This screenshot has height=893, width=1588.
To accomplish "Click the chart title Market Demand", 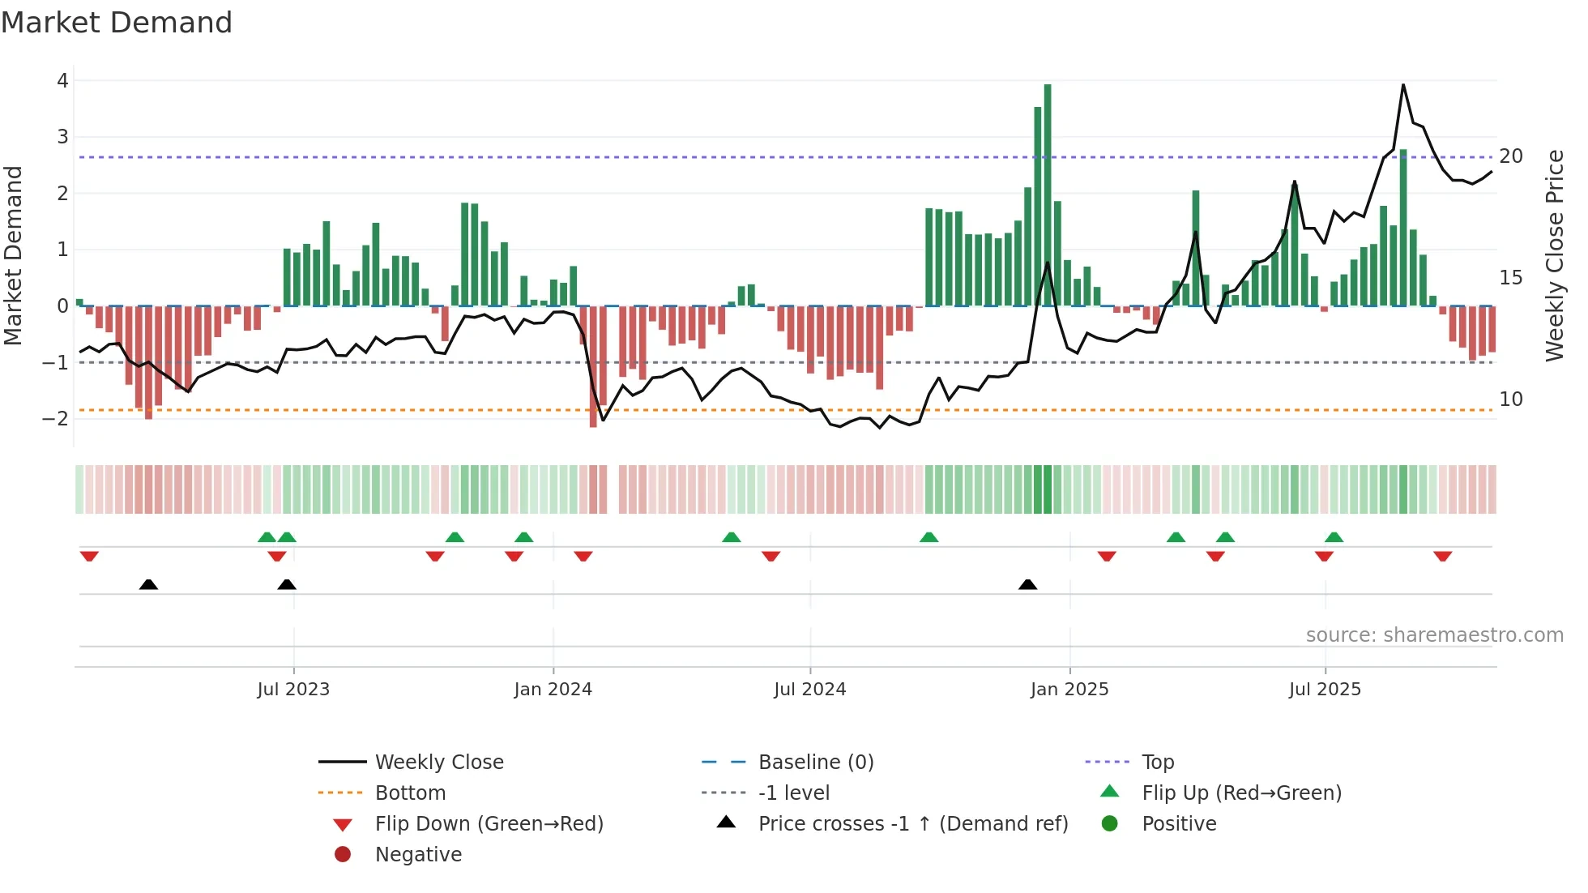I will pos(117,23).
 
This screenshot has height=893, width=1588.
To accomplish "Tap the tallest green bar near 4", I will pos(1048,194).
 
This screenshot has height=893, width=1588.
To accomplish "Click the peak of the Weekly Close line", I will pos(1402,85).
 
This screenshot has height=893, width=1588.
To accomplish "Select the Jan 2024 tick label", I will pos(553,690).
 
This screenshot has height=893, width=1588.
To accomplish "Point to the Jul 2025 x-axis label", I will pos(1325,690).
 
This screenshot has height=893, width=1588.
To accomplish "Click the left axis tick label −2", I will pos(56,419).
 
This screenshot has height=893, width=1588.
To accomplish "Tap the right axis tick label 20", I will pos(1511,156).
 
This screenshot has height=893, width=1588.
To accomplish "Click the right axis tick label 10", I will pos(1511,399).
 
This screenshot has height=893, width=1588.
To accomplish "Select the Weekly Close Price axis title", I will pos(1554,255).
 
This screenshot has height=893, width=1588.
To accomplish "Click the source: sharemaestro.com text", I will pos(1434,635).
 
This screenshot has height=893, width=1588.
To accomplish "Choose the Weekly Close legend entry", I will pos(439,763).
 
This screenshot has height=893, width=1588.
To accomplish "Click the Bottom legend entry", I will pos(410,793).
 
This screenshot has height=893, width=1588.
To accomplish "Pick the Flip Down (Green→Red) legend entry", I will pos(489,824).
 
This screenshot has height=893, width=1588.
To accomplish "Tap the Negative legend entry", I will pos(418,855).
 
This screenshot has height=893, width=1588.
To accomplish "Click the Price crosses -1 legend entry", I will pos(912,824).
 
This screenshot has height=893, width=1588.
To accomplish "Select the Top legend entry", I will pos(1158,763).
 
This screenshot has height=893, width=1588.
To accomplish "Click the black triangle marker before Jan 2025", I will pos(1027,584).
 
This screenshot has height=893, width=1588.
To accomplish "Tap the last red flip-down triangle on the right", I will pos(1442,556).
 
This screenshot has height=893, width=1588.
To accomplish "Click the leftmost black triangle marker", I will pos(148,584).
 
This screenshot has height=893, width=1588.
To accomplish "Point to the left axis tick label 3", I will pos(62,137).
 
